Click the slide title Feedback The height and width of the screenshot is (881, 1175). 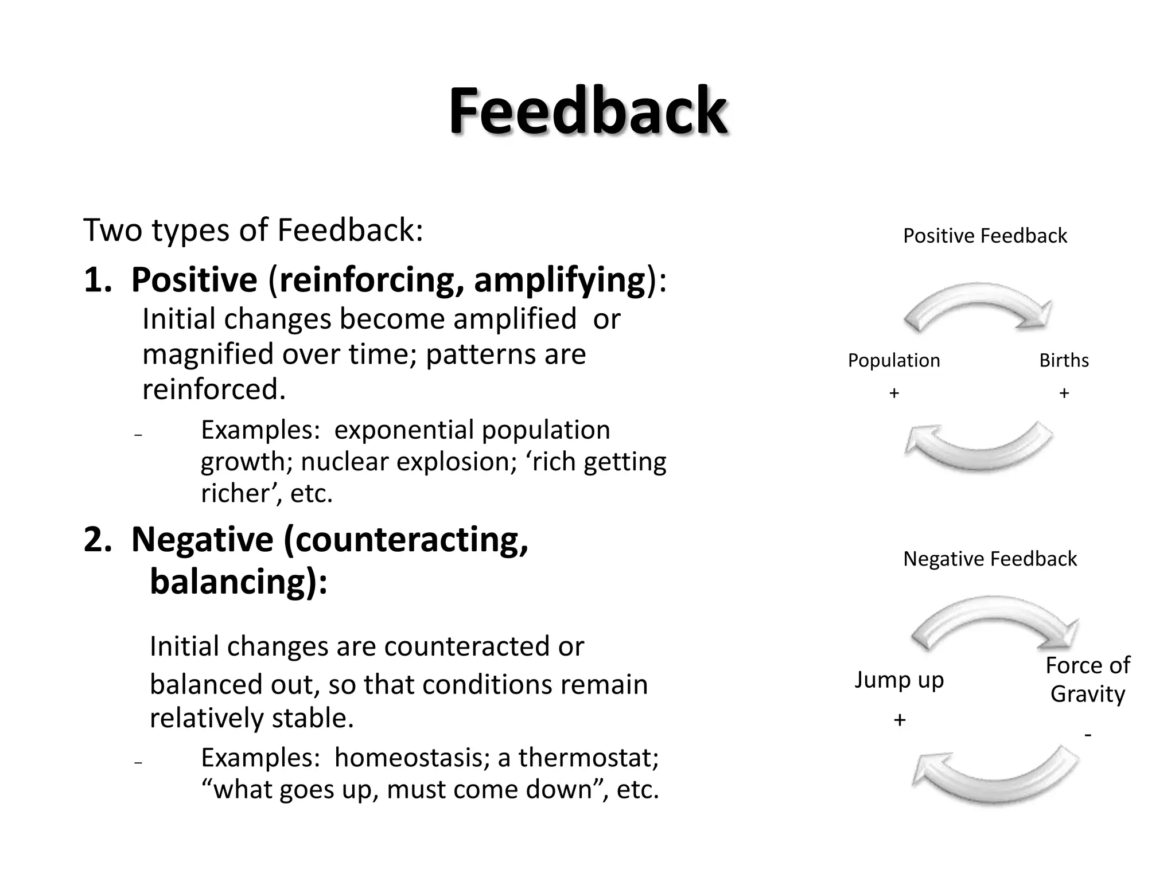click(x=587, y=110)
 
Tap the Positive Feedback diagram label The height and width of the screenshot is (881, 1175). click(x=985, y=236)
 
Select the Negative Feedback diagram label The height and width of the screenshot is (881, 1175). click(x=990, y=559)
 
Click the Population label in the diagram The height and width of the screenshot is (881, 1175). click(x=894, y=360)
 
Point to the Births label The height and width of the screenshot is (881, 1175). click(x=1064, y=360)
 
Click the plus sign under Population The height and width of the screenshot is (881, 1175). click(x=894, y=393)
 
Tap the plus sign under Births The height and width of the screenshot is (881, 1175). click(x=1064, y=393)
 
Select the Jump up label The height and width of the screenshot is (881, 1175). click(x=899, y=680)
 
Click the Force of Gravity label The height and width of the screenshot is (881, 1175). click(x=1087, y=680)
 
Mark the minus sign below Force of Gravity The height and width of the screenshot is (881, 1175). click(x=1088, y=735)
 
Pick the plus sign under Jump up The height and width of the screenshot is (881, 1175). click(x=900, y=720)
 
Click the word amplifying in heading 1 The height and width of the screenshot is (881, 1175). click(x=559, y=280)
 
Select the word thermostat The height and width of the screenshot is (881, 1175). click(x=588, y=758)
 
